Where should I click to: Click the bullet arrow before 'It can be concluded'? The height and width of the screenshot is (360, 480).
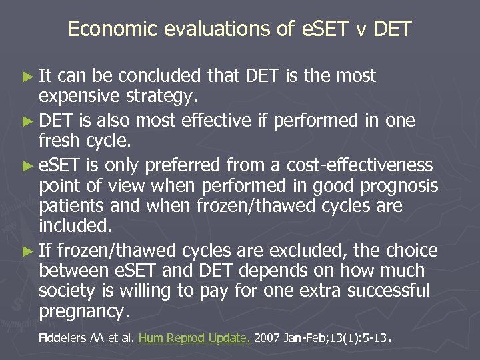click(27, 77)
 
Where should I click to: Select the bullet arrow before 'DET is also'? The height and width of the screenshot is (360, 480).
click(27, 121)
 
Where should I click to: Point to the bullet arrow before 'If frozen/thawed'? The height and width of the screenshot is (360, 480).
click(27, 251)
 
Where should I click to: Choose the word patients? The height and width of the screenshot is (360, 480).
click(79, 206)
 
